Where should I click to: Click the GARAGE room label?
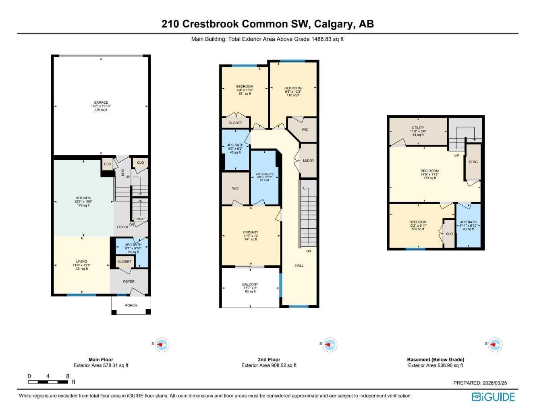(101, 102)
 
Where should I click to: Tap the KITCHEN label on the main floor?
(83, 198)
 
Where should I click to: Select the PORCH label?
(131, 305)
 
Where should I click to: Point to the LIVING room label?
(81, 261)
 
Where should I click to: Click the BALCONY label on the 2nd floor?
(250, 284)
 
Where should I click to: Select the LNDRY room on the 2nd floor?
(308, 161)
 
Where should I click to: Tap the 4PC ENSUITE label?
(264, 174)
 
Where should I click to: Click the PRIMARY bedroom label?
(251, 232)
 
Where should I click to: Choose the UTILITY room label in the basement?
(418, 128)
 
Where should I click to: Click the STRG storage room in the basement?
(473, 162)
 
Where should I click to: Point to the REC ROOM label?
(429, 171)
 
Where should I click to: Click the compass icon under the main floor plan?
(162, 345)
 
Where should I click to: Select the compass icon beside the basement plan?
(495, 345)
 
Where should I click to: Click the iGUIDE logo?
(493, 397)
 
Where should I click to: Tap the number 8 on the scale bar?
(68, 376)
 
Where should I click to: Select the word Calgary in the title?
(332, 24)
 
